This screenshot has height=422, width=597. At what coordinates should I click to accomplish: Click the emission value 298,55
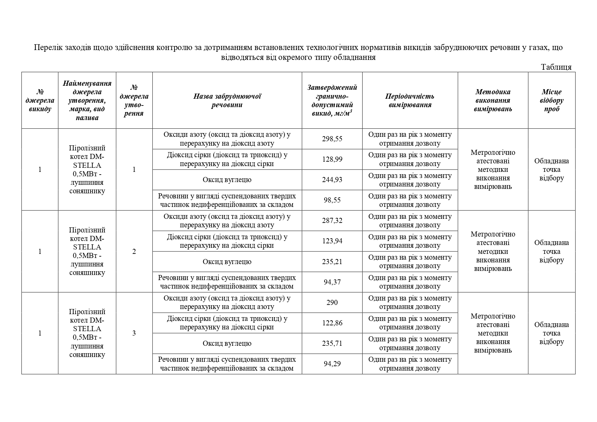332,139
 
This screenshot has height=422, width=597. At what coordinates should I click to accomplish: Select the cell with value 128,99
332,159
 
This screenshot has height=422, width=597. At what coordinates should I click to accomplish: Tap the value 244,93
332,180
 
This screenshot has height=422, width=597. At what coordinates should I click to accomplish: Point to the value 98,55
332,200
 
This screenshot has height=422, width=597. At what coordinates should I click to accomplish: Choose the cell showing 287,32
332,221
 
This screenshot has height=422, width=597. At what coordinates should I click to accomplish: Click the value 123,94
332,241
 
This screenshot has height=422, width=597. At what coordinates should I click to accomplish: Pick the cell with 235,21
332,262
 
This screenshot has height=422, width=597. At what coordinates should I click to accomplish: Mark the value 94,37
332,282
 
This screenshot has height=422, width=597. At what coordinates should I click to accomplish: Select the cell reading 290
332,303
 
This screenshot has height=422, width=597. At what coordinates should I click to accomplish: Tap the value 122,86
332,323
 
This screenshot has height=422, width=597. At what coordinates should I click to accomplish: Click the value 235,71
332,343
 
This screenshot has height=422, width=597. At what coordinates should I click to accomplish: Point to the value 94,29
332,364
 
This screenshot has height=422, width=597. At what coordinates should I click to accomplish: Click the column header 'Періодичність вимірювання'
410,100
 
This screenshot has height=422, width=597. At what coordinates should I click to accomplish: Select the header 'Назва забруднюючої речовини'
227,100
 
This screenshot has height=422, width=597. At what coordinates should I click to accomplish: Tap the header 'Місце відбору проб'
551,100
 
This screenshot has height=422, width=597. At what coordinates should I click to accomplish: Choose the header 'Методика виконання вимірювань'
493,100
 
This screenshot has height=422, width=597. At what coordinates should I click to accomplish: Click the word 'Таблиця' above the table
556,67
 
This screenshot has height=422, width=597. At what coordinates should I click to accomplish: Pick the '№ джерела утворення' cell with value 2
134,251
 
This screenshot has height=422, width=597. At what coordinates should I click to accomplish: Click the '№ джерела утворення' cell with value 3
134,333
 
